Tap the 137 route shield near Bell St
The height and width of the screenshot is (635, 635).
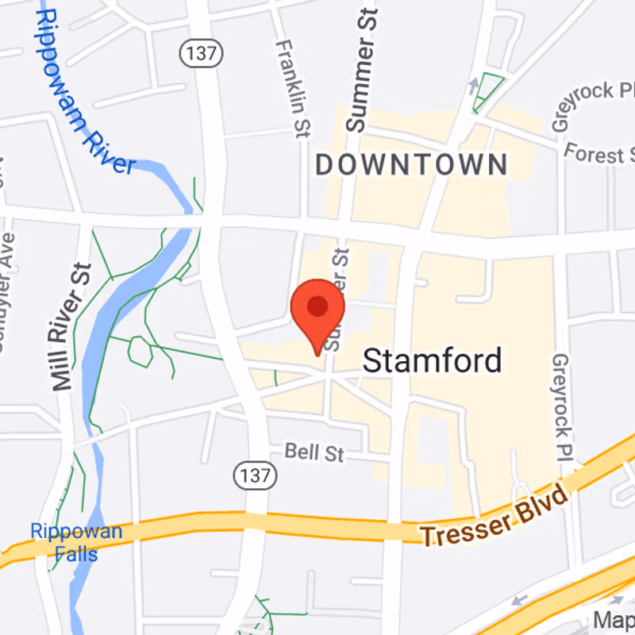coord(255,475)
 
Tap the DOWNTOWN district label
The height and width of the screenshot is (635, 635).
coord(411,165)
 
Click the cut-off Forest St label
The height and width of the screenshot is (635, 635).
coord(599,152)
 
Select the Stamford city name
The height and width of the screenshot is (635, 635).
coord(432,361)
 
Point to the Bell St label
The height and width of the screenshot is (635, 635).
coord(314,452)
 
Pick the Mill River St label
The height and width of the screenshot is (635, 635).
coord(71,326)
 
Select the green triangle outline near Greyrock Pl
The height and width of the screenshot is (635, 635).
coord(487,92)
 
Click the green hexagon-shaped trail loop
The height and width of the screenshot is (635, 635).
coord(140,351)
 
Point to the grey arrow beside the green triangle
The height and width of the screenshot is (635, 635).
coord(474,83)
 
